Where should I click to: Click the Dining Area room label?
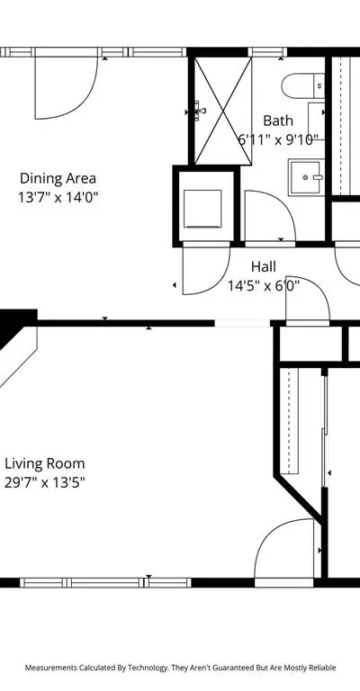[x=58, y=178]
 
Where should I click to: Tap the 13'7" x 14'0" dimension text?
[x=58, y=197]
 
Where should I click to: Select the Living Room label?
[x=44, y=463]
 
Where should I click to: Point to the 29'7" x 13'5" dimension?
[x=44, y=482]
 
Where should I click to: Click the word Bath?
[x=277, y=121]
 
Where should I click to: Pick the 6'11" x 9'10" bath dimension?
[x=278, y=139]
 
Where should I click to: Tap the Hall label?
[x=264, y=266]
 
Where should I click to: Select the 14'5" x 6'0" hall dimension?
[x=264, y=286]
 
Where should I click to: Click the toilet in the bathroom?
[x=303, y=86]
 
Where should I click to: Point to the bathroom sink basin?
[x=307, y=177]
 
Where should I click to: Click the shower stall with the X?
[x=223, y=111]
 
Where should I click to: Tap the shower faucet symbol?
[x=200, y=109]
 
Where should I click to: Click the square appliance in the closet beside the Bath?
[x=202, y=209]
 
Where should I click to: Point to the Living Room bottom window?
[x=106, y=583]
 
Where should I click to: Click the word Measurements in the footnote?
[x=51, y=668]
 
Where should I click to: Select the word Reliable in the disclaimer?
[x=323, y=668]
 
